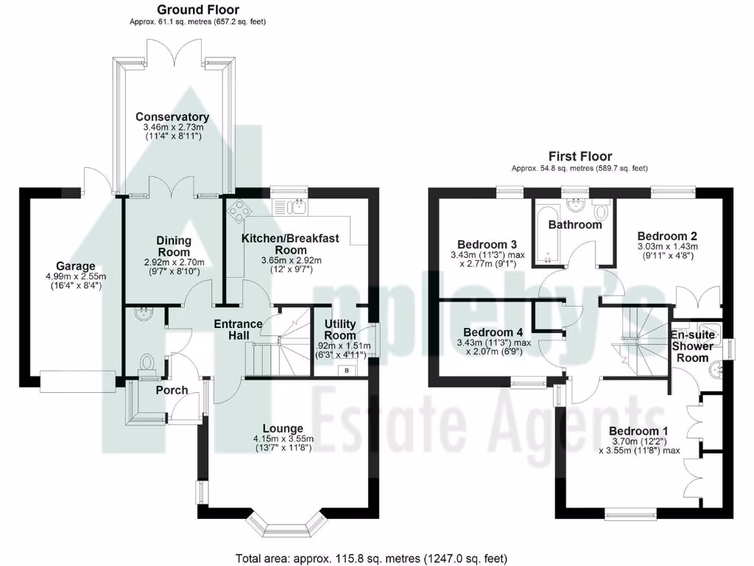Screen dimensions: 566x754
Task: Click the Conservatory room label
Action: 172,116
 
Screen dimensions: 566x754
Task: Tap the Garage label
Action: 76,266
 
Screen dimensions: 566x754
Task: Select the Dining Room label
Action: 174,246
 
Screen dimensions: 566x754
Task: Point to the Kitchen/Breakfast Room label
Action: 291,244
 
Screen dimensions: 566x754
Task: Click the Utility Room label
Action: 340,329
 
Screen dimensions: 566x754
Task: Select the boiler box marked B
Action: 347,371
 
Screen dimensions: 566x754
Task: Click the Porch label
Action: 172,390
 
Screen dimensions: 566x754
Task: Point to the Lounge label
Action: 283,428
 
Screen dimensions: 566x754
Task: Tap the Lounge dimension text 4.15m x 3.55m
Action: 283,438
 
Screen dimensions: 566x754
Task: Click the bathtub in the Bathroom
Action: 546,230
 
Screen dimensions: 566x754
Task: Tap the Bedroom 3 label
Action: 487,245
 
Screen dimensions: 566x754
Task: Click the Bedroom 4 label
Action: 487,332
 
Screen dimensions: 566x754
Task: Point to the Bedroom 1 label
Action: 638,430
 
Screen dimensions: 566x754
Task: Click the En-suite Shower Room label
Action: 691,340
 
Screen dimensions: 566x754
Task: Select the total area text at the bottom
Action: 371,558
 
